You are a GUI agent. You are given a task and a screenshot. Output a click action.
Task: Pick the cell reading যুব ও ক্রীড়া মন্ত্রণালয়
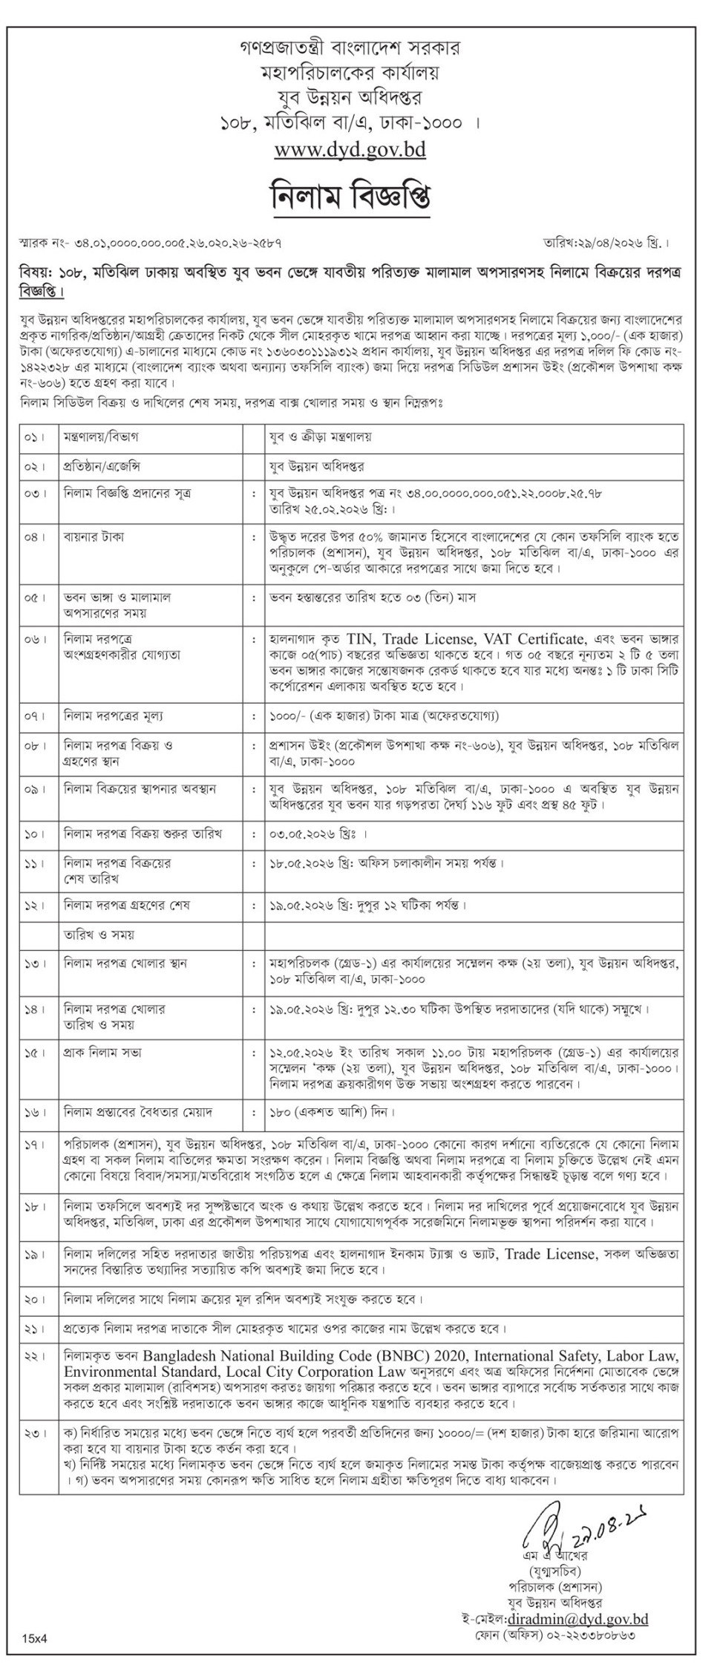coord(320,438)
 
